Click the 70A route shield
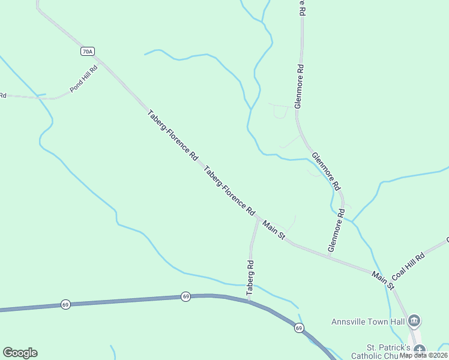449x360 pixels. coord(88,52)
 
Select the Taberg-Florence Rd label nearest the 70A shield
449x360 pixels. coord(173,134)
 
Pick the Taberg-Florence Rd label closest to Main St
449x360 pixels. coord(231,191)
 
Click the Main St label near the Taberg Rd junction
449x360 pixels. coord(274,229)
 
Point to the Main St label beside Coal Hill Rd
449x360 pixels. coord(382,281)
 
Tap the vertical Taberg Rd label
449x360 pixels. coord(250,277)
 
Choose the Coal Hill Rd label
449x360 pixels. coord(408,266)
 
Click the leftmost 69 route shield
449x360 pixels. coord(65,305)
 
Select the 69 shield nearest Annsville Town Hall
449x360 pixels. coord(298,328)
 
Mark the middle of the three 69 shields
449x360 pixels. coord(186,296)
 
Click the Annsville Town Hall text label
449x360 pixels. coord(369,322)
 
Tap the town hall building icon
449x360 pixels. coord(414,322)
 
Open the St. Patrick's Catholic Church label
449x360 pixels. coord(388,352)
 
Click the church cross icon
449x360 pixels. coord(419,349)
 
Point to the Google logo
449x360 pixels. coord(20,353)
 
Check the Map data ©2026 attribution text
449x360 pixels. coord(423,355)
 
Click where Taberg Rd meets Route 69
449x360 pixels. coord(248,300)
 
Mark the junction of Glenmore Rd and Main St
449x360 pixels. coord(328,257)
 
